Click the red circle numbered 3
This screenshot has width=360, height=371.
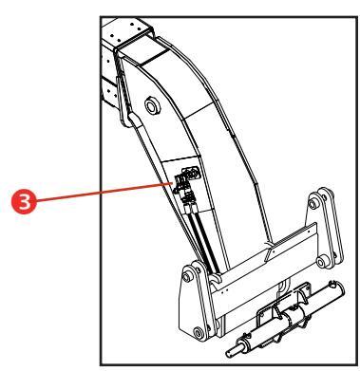25,201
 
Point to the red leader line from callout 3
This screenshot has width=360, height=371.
104,192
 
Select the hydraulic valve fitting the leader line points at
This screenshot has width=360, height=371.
184,179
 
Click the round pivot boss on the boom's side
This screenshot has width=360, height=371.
152,105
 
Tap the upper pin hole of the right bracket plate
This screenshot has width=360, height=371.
313,204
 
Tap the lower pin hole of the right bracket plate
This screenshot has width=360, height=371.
321,262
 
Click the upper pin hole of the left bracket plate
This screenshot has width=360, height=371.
188,277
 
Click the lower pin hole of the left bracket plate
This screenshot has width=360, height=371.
199,333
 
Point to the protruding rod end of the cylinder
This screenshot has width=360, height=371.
234,350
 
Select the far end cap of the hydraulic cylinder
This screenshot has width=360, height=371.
335,288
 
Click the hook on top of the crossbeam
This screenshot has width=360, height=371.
216,279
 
